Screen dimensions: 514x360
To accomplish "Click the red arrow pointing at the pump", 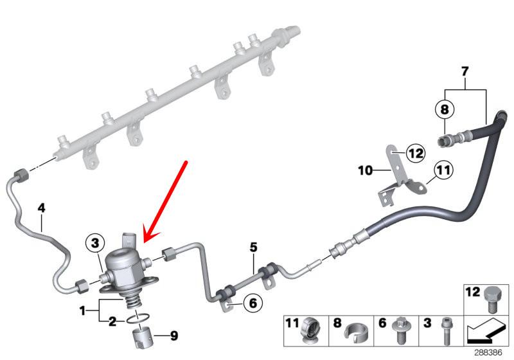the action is pos(165,201).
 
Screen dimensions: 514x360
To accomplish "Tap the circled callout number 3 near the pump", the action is pos(95,243).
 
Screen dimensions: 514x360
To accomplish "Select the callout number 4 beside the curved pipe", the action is pos(41,208).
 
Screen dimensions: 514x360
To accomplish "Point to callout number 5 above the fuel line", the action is pos(253,247).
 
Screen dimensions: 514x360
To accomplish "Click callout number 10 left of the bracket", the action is pos(365,170).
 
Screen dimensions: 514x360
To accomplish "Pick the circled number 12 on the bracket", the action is pos(416,153).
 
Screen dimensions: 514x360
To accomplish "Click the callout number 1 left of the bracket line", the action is pos(82,310).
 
